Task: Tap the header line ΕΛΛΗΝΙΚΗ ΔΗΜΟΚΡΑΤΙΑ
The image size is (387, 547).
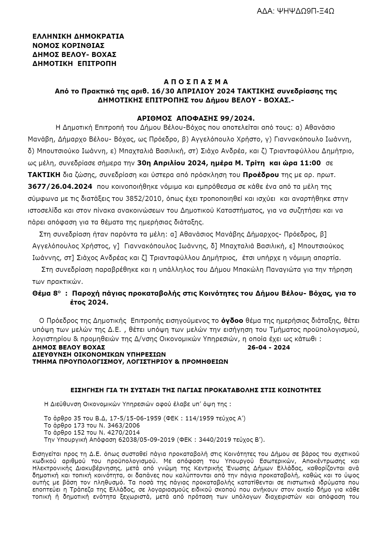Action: click(x=78, y=37)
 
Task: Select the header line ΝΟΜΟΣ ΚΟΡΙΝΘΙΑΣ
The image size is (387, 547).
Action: click(x=68, y=46)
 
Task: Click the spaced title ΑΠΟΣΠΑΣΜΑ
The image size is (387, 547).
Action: click(x=196, y=82)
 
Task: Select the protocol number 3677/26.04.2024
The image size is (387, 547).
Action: click(x=60, y=187)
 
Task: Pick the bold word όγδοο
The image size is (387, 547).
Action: click(x=233, y=320)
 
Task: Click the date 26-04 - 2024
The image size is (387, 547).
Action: click(x=269, y=347)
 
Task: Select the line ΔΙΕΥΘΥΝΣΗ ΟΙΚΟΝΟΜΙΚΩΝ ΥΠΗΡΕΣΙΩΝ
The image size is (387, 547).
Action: click(x=99, y=354)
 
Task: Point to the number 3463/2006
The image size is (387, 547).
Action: click(x=124, y=425)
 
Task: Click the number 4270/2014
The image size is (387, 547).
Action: click(x=124, y=432)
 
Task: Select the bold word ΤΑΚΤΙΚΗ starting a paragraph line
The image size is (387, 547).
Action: click(x=44, y=175)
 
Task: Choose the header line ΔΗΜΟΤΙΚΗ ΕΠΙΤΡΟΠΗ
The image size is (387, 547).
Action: click(x=74, y=64)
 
